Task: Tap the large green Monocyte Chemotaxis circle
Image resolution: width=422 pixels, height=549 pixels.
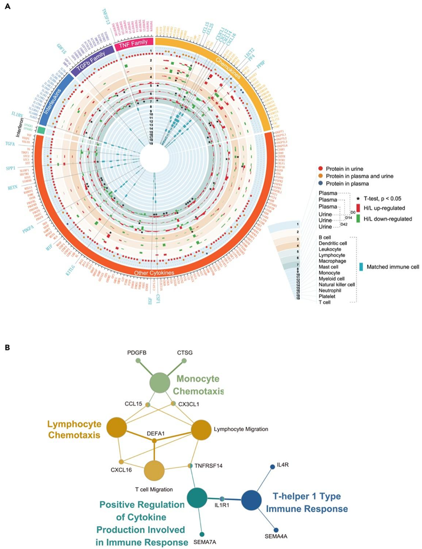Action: coord(159,383)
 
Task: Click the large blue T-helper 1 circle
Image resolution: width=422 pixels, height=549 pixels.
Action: coord(251,501)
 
